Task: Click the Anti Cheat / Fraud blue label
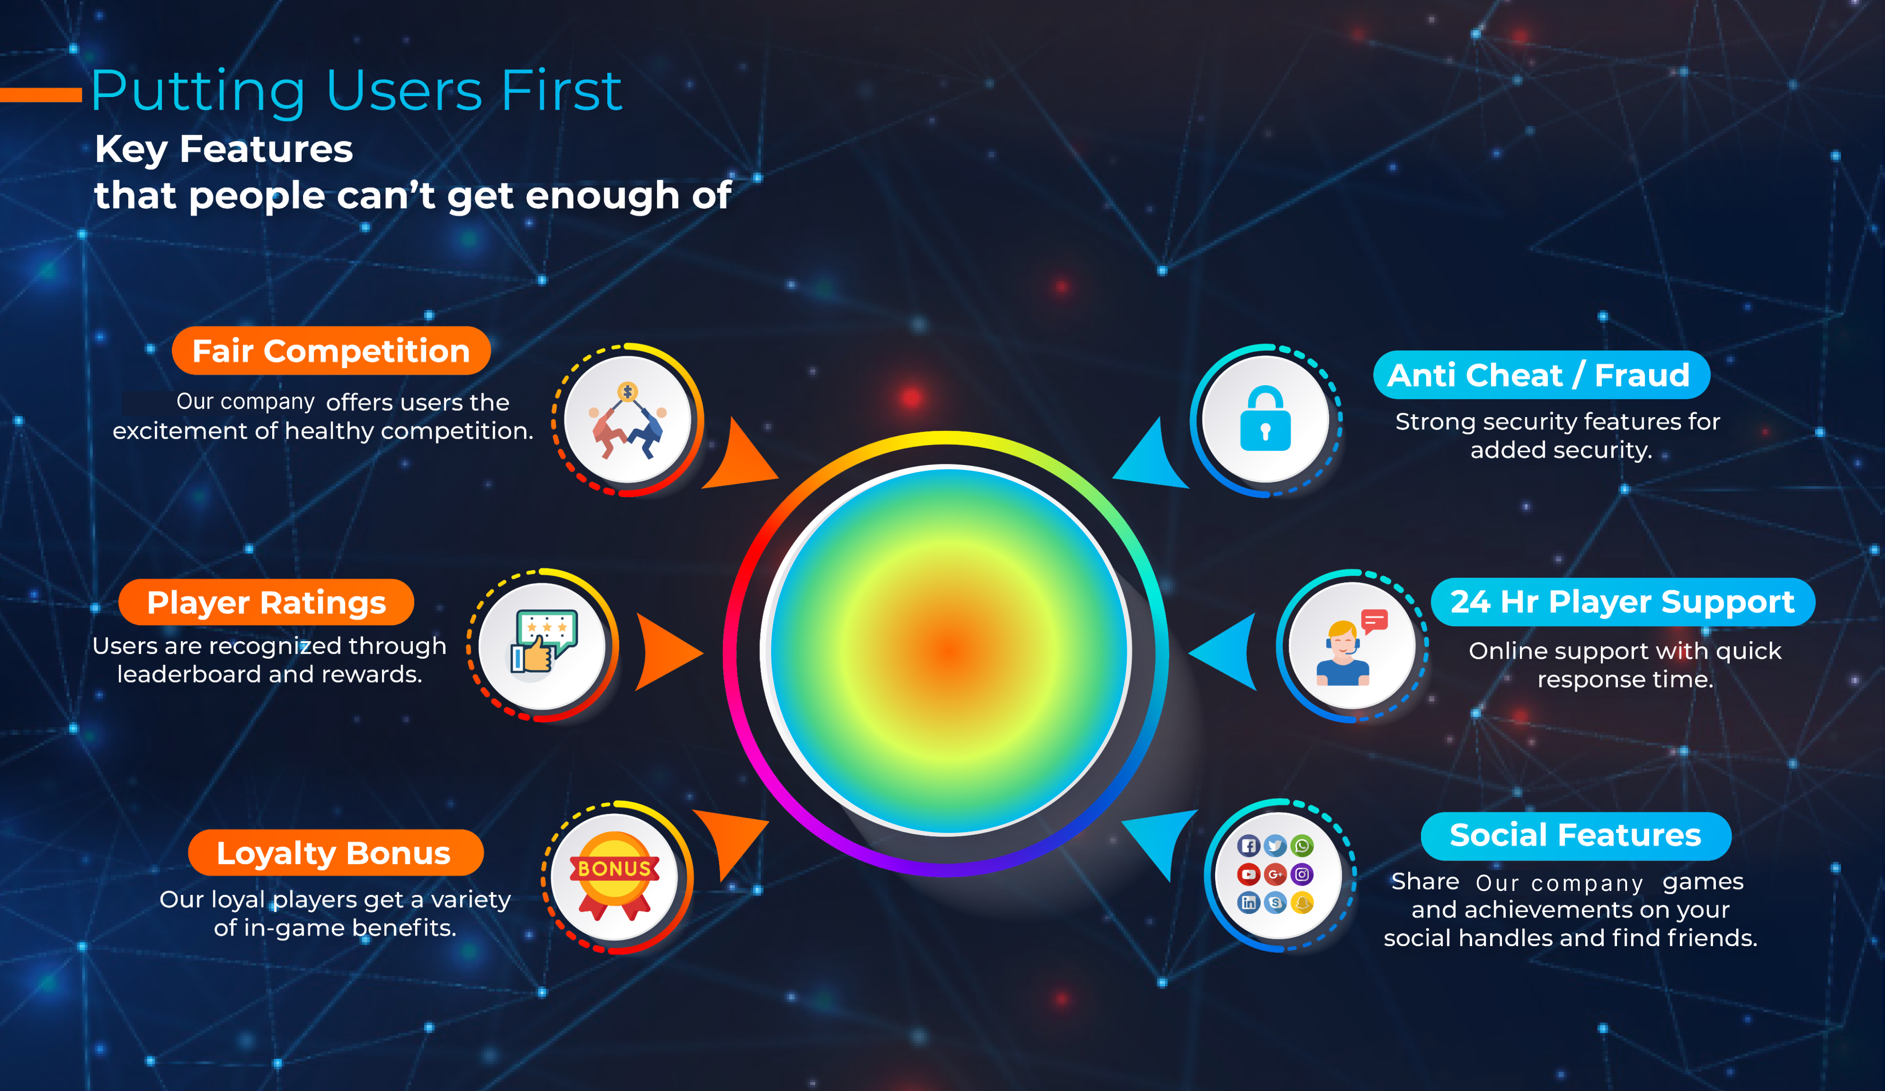pyautogui.click(x=1541, y=375)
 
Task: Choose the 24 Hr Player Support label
pyautogui.click(x=1622, y=602)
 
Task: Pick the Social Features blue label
pyautogui.click(x=1576, y=836)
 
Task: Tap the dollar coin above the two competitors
pyautogui.click(x=628, y=391)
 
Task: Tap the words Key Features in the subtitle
pyautogui.click(x=223, y=149)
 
